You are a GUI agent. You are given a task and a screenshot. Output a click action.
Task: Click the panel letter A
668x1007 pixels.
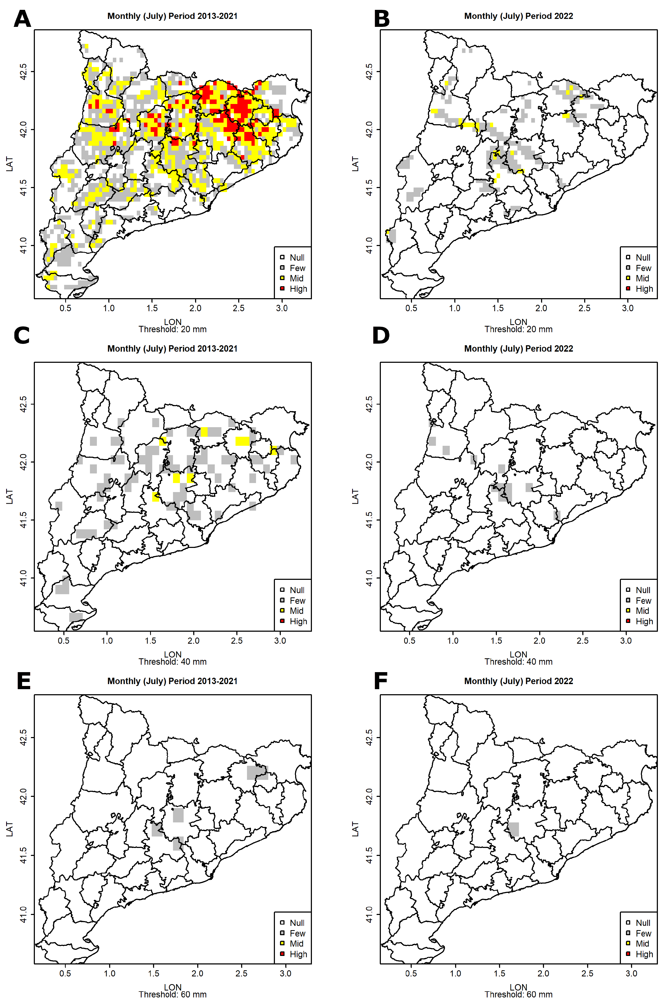pos(22,19)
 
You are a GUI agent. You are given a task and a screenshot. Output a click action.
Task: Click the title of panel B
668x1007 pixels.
pos(518,16)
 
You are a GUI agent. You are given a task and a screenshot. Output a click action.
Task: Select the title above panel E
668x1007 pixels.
pos(172,681)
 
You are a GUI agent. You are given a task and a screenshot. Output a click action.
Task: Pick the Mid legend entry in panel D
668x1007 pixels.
pos(642,611)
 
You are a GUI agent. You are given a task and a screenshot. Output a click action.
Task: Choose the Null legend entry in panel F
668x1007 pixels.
pos(642,923)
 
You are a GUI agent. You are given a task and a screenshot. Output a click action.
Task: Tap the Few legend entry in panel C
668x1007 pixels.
pos(297,600)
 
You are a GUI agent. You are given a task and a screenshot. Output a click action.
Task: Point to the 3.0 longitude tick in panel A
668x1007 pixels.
pos(282,308)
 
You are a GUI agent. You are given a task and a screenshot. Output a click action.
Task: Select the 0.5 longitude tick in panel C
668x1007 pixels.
pos(64,640)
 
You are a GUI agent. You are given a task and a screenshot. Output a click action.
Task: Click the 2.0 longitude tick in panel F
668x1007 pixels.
pos(543,973)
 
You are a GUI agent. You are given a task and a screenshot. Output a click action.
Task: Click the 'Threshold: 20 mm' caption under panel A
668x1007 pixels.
pos(172,329)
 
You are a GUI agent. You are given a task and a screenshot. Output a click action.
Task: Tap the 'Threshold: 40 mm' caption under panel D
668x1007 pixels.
pos(518,662)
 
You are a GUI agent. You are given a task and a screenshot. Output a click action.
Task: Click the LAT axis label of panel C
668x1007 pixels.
pos(9,497)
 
